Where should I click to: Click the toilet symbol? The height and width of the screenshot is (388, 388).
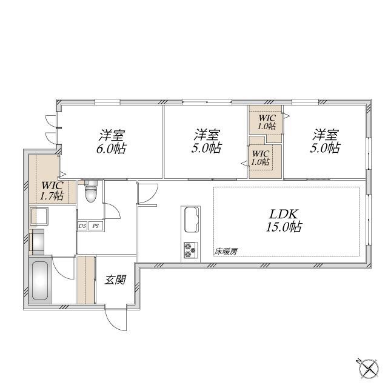[x=90, y=191]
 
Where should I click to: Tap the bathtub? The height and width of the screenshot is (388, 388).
[x=39, y=281]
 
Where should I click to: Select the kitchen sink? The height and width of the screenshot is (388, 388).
[x=191, y=219]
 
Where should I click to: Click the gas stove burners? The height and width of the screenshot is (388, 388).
[x=190, y=249]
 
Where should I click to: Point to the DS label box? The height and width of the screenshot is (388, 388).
[x=82, y=226]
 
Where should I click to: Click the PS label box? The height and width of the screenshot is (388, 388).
[x=96, y=226]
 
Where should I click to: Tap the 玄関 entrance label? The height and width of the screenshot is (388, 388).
[x=115, y=280]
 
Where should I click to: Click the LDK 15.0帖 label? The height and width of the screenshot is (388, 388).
[x=284, y=220]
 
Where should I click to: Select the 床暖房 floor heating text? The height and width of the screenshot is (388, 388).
[x=226, y=252]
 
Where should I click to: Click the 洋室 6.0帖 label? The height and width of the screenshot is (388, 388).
[x=111, y=141]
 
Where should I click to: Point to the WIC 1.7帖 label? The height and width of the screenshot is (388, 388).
[x=52, y=190]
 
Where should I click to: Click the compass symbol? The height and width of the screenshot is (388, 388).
[x=369, y=369]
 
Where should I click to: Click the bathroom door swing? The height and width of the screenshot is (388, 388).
[x=63, y=268]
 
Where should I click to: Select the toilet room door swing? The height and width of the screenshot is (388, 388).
[x=112, y=210]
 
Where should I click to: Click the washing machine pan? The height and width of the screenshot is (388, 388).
[x=39, y=217]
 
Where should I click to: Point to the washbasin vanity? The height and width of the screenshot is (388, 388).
[x=36, y=242]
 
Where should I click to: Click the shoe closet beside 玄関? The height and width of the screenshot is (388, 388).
[x=86, y=279]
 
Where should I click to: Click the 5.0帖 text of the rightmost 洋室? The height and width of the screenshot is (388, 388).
[x=326, y=148]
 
